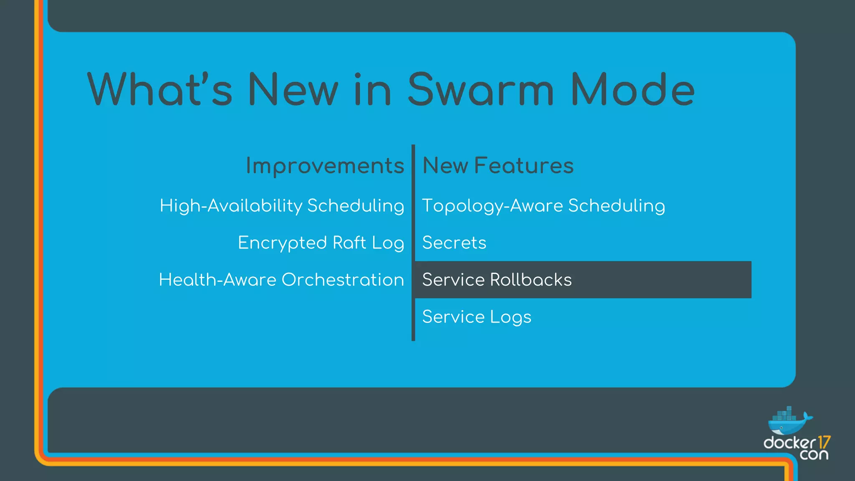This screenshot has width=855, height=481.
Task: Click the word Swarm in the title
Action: tap(480, 90)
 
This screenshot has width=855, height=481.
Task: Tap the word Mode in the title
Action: tap(632, 90)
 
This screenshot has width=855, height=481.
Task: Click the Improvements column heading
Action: tap(325, 166)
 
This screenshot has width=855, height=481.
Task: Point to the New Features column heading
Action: tap(498, 166)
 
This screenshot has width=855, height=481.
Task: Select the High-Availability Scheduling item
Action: tap(282, 206)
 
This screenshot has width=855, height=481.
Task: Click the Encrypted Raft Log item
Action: tap(321, 243)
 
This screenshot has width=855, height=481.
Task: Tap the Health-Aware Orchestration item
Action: tap(281, 280)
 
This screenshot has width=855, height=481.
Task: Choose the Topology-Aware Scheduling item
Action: tap(544, 206)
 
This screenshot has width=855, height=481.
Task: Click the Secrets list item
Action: tap(454, 243)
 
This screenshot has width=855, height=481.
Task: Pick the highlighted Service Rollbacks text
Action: tap(497, 280)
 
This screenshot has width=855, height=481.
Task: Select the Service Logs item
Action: tap(477, 317)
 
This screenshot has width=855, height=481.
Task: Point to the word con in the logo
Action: tap(814, 455)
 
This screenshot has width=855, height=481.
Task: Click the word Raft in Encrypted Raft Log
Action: tap(349, 243)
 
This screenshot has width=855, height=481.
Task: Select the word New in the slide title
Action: tap(293, 90)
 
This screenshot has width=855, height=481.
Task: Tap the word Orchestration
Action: tap(343, 280)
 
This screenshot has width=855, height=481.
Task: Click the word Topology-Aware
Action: tap(493, 206)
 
